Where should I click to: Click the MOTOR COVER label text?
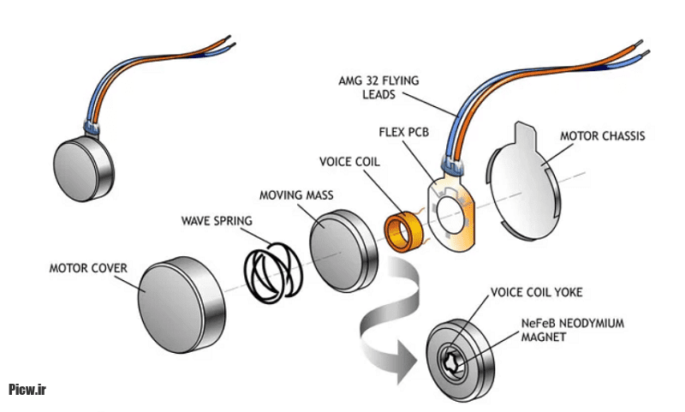pos(87,269)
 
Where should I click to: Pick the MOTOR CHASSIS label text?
pos(603,135)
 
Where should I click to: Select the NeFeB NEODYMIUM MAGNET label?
pos(570,331)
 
